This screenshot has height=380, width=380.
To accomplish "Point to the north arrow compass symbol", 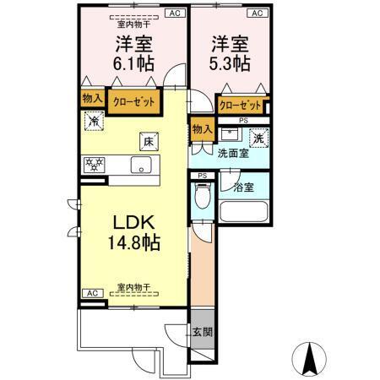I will coord(308,358).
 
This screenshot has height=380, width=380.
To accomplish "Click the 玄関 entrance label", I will coord(201,332).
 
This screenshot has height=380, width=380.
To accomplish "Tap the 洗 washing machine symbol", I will coord(258,138).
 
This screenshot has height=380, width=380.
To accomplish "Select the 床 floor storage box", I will coord(147,142).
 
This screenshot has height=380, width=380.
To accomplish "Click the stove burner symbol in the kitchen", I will coord(93,164).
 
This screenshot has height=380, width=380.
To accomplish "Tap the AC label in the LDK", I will coord(91,292).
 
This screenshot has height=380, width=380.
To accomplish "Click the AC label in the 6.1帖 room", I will coord(175,14).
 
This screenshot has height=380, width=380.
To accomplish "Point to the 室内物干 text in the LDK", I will coord(133,287).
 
